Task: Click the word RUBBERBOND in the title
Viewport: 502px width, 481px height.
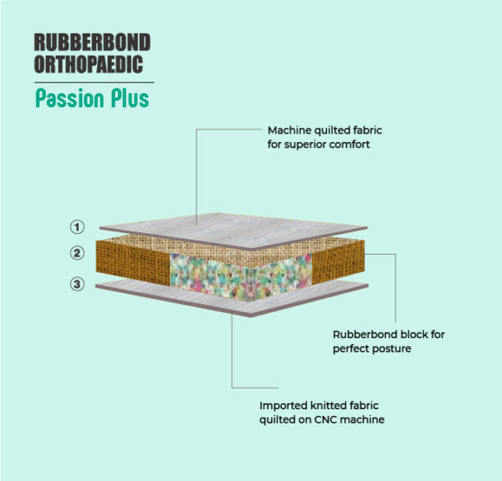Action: tap(92, 43)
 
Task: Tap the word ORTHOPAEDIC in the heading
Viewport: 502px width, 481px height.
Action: tap(89, 64)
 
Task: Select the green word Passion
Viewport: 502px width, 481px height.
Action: tap(69, 98)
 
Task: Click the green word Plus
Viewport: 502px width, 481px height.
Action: tap(130, 98)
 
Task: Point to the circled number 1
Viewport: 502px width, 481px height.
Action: tap(77, 227)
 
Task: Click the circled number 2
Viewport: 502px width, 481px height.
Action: tap(77, 253)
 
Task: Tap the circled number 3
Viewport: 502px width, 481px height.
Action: tap(77, 284)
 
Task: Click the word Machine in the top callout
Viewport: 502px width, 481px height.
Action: tap(289, 130)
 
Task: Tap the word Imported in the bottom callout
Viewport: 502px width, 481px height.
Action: tap(284, 406)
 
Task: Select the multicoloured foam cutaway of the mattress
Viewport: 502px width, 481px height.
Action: tap(241, 276)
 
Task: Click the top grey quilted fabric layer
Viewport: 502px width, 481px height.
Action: tap(233, 230)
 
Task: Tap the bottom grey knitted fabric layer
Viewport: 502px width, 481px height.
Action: tap(232, 298)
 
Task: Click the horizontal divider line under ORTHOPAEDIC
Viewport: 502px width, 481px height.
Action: tap(94, 83)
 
